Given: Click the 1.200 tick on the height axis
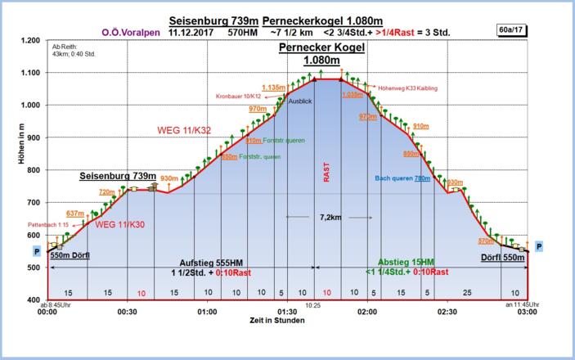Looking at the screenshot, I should [29, 40].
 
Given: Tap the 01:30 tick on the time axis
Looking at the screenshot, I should [286, 312].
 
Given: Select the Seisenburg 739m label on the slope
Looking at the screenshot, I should [118, 176].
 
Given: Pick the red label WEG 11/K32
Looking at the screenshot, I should [188, 129].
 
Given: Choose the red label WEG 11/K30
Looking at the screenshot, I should [119, 225].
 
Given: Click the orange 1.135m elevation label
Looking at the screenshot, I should [273, 87].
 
